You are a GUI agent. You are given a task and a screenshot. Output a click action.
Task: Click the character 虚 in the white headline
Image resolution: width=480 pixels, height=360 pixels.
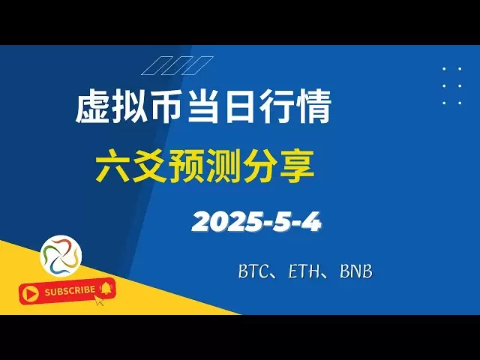pyautogui.click(x=92, y=106)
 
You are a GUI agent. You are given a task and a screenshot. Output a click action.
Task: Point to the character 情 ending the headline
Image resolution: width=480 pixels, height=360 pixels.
pyautogui.click(x=313, y=106)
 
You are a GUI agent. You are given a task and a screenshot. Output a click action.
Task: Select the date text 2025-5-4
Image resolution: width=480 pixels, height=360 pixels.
pyautogui.click(x=256, y=222)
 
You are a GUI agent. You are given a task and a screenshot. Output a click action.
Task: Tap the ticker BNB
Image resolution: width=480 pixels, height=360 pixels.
pyautogui.click(x=356, y=271)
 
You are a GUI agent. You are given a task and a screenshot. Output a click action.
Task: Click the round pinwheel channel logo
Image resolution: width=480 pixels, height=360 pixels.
pyautogui.click(x=61, y=256)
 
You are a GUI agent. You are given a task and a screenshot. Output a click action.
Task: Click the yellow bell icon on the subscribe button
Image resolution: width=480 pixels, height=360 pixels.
pyautogui.click(x=106, y=288)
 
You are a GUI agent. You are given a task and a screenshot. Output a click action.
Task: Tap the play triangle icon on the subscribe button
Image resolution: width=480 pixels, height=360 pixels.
pyautogui.click(x=30, y=294)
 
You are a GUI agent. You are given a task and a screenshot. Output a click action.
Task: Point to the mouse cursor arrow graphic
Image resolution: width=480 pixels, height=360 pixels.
pyautogui.click(x=98, y=300)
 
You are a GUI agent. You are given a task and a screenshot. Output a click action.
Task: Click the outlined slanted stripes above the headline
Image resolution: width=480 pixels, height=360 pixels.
pyautogui.click(x=177, y=65)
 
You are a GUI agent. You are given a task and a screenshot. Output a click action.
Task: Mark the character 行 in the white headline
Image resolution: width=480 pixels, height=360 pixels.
pyautogui.click(x=277, y=106)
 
